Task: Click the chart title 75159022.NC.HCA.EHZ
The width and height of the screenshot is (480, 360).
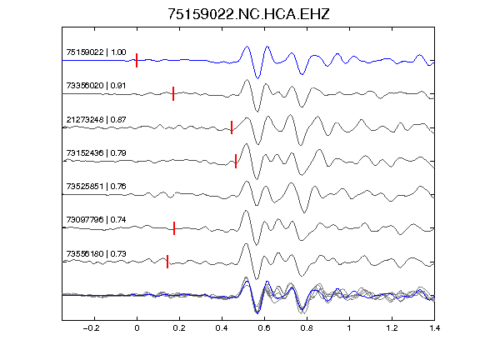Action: [248, 14]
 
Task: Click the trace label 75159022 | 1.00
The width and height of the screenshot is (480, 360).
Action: [96, 52]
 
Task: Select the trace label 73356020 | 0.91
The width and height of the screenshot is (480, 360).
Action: [96, 85]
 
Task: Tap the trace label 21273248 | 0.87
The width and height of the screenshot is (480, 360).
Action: [96, 119]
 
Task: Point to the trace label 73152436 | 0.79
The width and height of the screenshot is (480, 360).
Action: [96, 152]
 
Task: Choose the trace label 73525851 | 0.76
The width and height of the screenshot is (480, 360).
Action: [96, 186]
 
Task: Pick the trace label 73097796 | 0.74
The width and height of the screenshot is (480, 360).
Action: [96, 219]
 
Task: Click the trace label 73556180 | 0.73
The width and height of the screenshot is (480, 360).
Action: [96, 253]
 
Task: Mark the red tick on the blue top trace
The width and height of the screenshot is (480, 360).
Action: [137, 60]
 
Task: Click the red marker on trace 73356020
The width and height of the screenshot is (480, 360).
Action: [173, 93]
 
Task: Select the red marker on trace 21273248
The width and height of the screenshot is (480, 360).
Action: [232, 127]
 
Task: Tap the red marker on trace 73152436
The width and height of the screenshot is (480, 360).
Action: [236, 161]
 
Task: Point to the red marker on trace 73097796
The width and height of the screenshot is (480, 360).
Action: [174, 228]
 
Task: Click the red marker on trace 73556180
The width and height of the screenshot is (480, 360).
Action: [167, 262]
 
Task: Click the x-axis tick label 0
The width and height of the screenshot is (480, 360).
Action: [137, 328]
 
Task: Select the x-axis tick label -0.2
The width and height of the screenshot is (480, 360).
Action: [92, 328]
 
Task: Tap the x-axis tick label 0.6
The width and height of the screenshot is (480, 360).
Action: [264, 328]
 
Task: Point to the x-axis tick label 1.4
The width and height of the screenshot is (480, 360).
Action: [435, 328]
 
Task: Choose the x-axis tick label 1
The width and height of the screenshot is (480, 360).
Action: [349, 328]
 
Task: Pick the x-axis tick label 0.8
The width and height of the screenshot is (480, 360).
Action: [307, 328]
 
